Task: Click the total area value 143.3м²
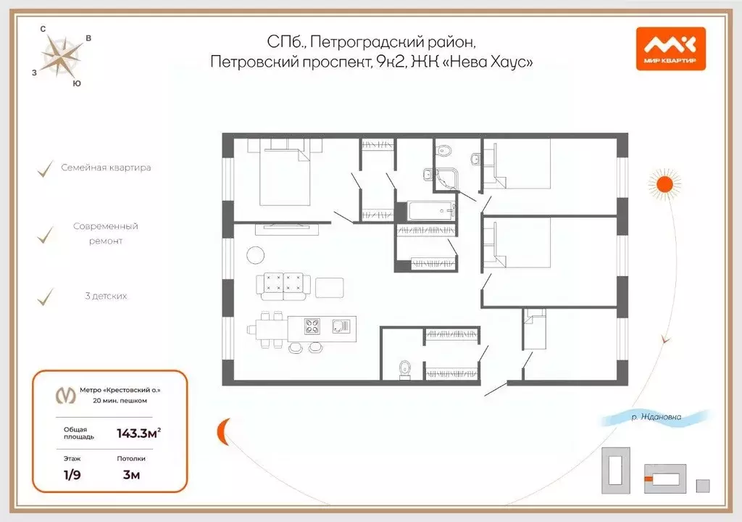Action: point(138,434)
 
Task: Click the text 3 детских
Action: point(106,296)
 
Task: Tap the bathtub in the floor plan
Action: point(432,212)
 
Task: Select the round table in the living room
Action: point(256,254)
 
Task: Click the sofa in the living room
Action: point(284,285)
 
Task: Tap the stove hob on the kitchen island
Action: point(312,326)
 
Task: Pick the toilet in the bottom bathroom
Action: point(404,369)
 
